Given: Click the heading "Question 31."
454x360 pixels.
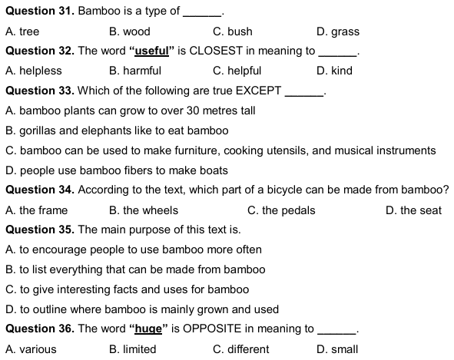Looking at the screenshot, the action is [x=39, y=12].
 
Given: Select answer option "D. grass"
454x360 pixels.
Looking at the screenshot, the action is [x=337, y=31].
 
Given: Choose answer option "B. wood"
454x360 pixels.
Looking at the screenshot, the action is [x=130, y=31].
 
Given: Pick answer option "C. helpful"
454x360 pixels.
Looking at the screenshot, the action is [x=237, y=71].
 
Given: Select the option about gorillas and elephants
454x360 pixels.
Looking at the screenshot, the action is [x=116, y=130].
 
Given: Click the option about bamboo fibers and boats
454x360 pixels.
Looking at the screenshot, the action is [x=116, y=170].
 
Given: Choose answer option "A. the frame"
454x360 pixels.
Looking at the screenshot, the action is [x=36, y=210].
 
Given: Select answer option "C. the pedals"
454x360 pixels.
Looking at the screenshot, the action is [x=281, y=210].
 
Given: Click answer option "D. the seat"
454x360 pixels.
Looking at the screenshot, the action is [x=413, y=210].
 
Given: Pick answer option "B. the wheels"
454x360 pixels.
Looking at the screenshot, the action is [x=144, y=210].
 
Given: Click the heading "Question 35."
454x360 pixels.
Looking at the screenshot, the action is [x=39, y=230].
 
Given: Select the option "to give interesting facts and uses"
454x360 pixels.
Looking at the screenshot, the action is [x=127, y=289].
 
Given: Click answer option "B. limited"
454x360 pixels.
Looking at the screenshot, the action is [x=133, y=349].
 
